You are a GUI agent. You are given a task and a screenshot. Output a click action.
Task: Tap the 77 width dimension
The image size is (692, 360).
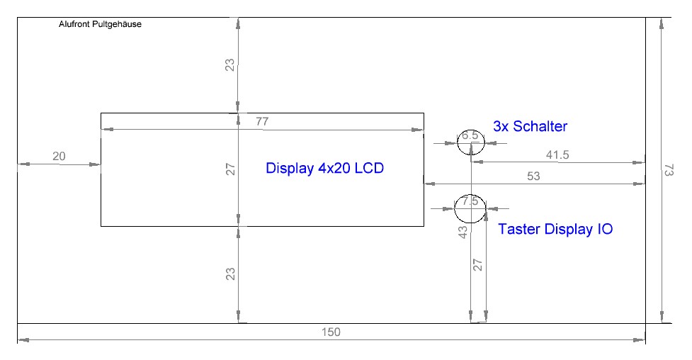point(262,121)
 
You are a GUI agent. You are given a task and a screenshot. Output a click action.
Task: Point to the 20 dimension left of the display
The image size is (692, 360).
point(59,156)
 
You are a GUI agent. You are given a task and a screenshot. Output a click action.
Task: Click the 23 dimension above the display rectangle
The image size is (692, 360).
point(229,65)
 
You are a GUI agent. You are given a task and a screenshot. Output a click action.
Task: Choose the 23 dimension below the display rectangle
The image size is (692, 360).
point(229,274)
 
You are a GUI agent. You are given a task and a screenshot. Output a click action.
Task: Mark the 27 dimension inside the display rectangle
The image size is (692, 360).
point(230,169)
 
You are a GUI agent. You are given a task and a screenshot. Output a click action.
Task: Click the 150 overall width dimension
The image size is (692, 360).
point(331,332)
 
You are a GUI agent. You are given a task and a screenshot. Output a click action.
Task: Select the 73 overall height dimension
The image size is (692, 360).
point(669,170)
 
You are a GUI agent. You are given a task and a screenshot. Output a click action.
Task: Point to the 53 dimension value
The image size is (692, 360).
point(533,176)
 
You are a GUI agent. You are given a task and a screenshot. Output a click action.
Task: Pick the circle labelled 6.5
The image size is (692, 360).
point(471,142)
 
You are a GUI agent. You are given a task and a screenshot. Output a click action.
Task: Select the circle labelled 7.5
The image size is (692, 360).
point(470,208)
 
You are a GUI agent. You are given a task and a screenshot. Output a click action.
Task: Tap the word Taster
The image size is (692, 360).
point(520,230)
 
